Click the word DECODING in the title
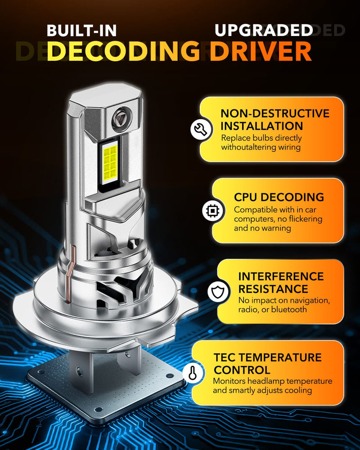[122, 51]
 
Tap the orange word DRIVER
[261, 51]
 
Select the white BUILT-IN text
[81, 30]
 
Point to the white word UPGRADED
[264, 30]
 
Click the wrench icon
[199, 129]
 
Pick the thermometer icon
[192, 373]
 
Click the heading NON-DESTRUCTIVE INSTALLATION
[274, 119]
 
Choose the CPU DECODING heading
[279, 197]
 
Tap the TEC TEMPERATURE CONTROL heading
[267, 364]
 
